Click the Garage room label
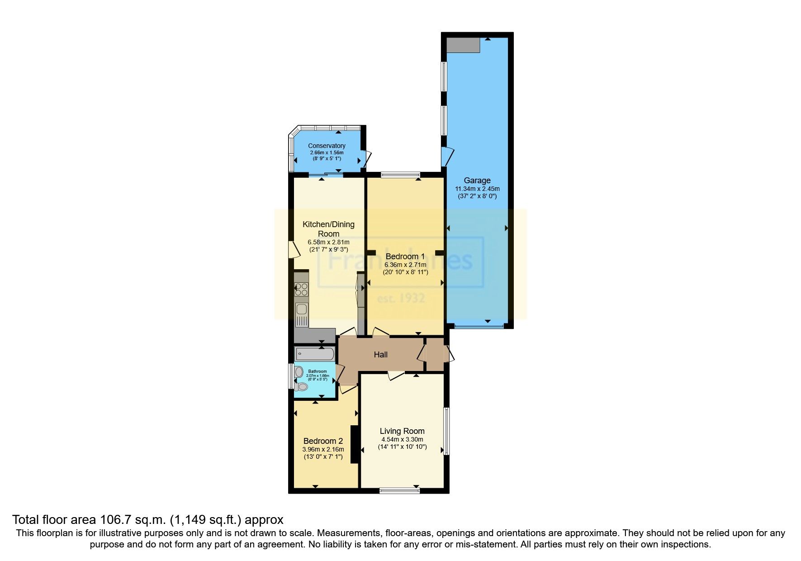point(477,181)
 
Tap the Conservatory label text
point(327,146)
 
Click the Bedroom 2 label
point(323,441)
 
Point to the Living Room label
point(402,431)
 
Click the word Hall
point(380,355)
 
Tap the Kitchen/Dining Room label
point(328,229)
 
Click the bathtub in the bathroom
point(314,354)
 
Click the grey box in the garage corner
point(463,45)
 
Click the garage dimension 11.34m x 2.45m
point(477,189)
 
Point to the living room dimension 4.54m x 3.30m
point(402,439)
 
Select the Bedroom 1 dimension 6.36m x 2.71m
point(405,265)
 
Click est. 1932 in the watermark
point(401,299)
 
